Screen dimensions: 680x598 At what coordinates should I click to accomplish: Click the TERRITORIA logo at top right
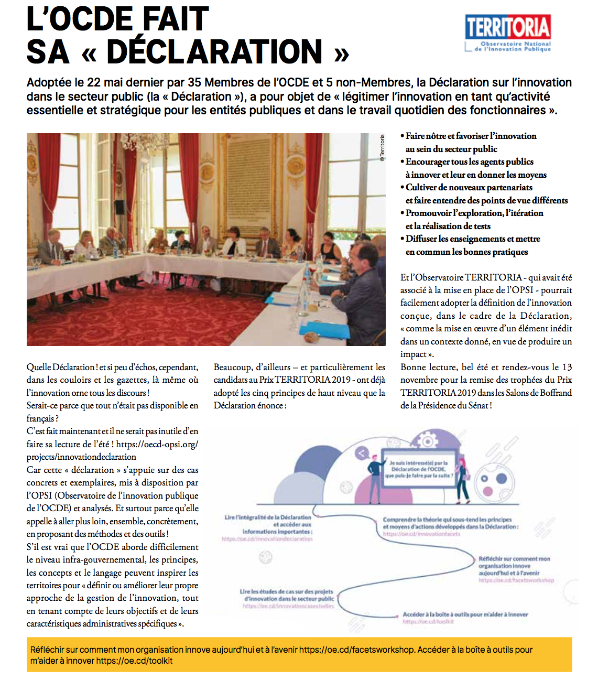[x=507, y=33]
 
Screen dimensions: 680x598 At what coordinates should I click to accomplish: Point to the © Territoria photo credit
[x=382, y=147]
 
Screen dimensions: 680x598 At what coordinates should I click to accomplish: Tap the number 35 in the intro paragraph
[x=194, y=83]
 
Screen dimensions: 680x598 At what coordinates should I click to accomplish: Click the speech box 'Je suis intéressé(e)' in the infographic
[x=419, y=469]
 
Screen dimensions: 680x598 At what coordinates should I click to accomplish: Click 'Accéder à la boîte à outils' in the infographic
[x=465, y=614]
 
